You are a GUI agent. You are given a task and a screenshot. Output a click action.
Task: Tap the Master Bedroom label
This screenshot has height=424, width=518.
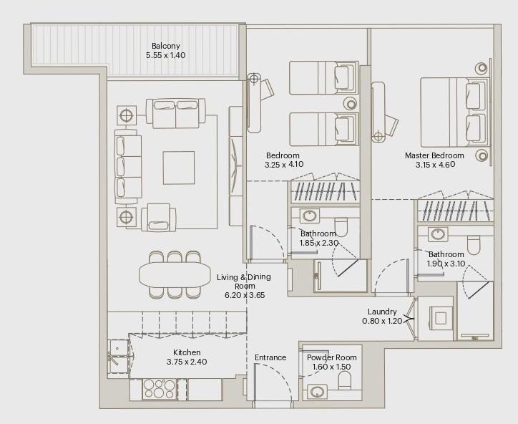point(434,155)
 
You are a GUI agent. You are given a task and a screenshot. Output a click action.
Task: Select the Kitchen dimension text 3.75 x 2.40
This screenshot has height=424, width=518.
point(186,362)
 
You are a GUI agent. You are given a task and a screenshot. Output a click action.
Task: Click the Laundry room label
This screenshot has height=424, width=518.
point(382,312)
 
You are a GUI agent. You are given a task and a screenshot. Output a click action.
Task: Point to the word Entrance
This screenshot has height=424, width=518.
point(270,357)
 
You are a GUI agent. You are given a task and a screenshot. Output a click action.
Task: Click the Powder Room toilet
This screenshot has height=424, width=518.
point(343,380)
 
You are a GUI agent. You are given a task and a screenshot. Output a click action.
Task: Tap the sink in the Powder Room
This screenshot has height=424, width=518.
point(317,392)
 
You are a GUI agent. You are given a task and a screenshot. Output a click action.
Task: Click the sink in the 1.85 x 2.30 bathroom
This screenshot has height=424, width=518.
point(311,216)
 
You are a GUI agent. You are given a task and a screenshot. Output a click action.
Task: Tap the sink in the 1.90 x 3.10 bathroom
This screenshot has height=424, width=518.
point(436,233)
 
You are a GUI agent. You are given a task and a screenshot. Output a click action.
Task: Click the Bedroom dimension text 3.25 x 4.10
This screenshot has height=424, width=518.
point(284,164)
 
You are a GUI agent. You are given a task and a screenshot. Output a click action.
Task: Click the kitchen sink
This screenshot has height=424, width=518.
point(115,357)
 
